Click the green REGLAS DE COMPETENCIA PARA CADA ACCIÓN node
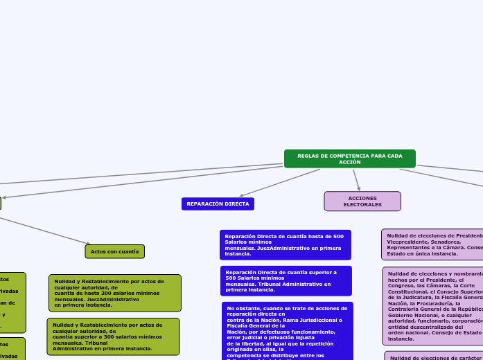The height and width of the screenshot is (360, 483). coord(349,159)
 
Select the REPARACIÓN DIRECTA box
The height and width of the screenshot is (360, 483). coord(218,204)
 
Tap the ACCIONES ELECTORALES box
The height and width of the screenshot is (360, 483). coord(362,201)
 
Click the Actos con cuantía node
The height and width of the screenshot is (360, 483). coord(114,251)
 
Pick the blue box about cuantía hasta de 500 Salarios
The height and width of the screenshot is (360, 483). coord(285,245)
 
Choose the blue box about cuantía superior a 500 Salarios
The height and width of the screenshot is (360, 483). coord(286,281)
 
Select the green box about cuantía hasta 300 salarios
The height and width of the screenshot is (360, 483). coord(114,293)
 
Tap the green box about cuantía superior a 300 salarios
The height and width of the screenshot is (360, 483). coord(113,336)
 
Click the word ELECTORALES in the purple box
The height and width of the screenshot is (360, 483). coord(362,205)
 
